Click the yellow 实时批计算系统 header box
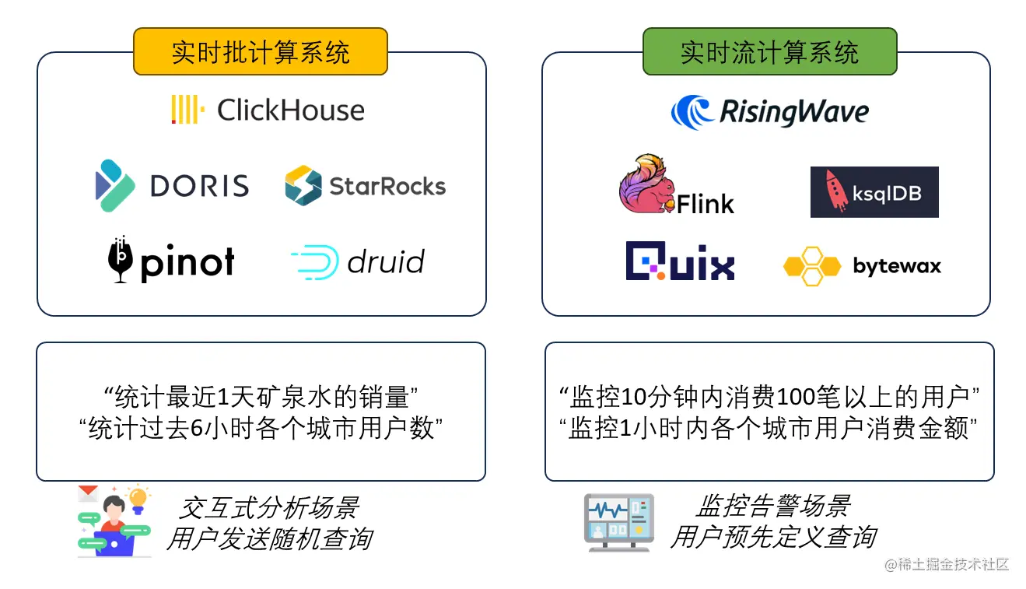(x=260, y=52)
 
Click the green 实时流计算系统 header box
(x=769, y=52)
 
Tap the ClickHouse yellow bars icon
(x=187, y=110)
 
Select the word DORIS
(x=199, y=185)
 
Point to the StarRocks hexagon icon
(x=303, y=185)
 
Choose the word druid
(x=386, y=262)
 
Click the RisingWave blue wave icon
(x=692, y=112)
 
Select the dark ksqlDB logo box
(x=874, y=191)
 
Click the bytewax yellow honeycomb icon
(x=811, y=266)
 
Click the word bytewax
(x=897, y=266)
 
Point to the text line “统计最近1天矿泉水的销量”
(x=261, y=397)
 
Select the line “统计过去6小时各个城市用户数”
(x=261, y=429)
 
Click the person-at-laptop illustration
(x=114, y=521)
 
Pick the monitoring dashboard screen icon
(x=619, y=522)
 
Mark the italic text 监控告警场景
(x=773, y=506)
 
